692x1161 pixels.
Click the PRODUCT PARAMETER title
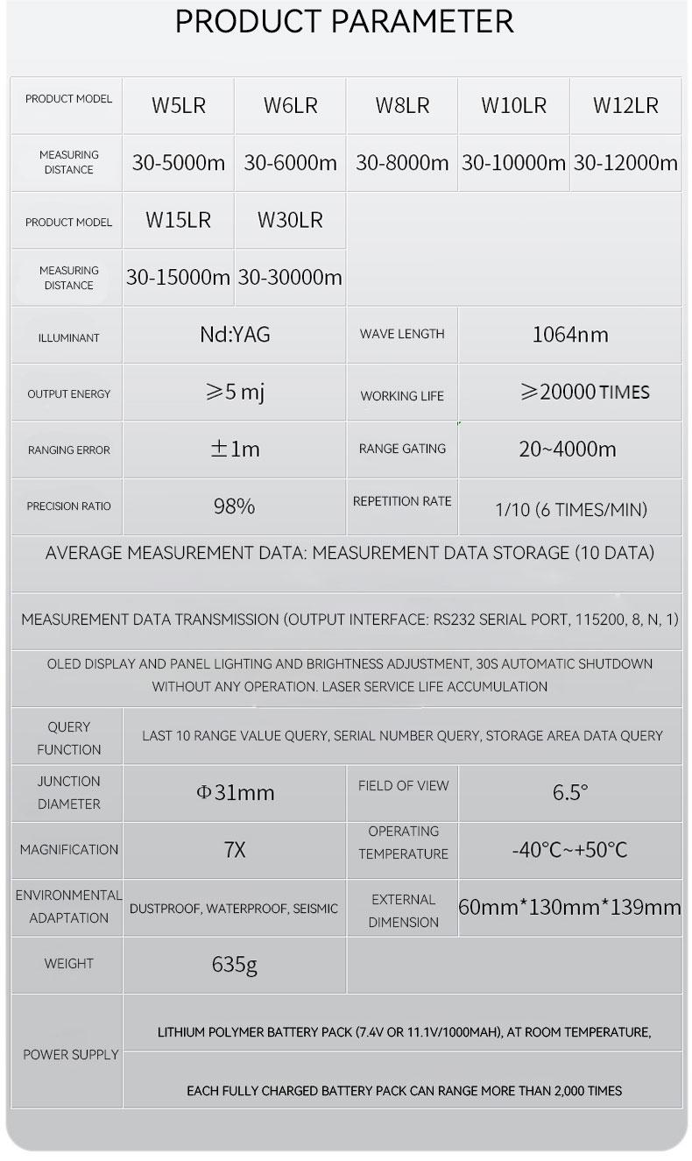(x=344, y=22)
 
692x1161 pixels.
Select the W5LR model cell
(x=179, y=106)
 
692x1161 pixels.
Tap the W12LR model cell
(x=625, y=106)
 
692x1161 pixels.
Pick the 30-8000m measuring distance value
(x=402, y=162)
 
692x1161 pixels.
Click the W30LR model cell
(x=290, y=220)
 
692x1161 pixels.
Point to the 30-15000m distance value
(x=178, y=277)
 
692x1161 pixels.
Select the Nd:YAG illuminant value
(x=235, y=334)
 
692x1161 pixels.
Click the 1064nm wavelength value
(x=570, y=334)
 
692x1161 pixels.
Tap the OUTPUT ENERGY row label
(x=69, y=394)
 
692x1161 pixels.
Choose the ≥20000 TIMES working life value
(x=585, y=392)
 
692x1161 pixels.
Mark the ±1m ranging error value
(x=235, y=450)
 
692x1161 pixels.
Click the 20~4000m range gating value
(x=568, y=450)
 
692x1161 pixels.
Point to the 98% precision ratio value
(x=234, y=506)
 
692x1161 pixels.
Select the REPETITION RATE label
(x=402, y=501)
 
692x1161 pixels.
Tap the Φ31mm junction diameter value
(x=235, y=793)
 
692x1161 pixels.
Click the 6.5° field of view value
(x=570, y=793)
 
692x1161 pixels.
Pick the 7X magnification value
(x=235, y=850)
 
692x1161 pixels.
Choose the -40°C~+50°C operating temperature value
(x=569, y=850)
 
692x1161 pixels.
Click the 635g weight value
(x=235, y=965)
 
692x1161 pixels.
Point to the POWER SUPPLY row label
(x=70, y=1055)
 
